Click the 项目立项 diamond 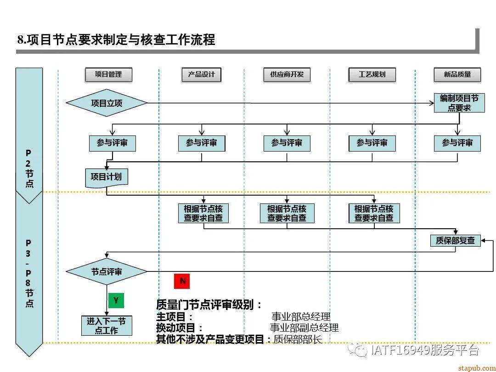click(x=107, y=103)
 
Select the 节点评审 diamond click(x=107, y=271)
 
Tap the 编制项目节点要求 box click(x=459, y=103)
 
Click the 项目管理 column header click(x=108, y=74)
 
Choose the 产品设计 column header click(x=201, y=74)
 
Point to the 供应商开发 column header click(x=287, y=74)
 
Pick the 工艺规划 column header click(x=372, y=74)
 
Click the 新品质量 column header click(x=457, y=74)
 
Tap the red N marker click(x=182, y=281)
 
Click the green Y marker click(x=116, y=300)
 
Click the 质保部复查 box click(x=455, y=240)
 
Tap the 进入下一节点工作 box click(x=107, y=326)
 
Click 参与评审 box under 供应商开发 click(x=287, y=143)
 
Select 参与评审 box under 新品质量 click(x=457, y=143)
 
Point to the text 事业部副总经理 click(x=304, y=328)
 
